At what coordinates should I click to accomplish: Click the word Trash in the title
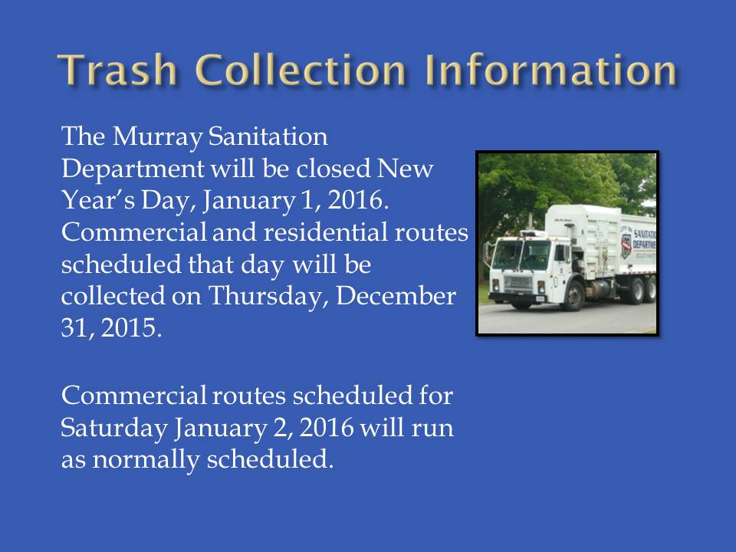(x=117, y=70)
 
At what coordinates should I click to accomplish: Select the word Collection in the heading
(x=301, y=70)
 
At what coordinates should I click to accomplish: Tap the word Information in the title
(x=550, y=70)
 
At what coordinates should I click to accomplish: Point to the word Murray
(x=158, y=137)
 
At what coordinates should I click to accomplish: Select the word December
(x=396, y=296)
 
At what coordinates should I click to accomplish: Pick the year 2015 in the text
(x=131, y=327)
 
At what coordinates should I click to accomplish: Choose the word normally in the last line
(x=146, y=459)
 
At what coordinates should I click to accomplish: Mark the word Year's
(x=98, y=200)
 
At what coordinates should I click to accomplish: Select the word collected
(x=113, y=296)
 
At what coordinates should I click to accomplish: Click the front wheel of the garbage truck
(x=573, y=296)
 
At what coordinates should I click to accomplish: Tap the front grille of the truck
(x=518, y=283)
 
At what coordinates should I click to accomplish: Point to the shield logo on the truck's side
(x=626, y=245)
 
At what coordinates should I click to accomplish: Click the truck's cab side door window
(x=560, y=254)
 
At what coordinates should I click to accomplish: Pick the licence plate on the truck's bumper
(x=540, y=299)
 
